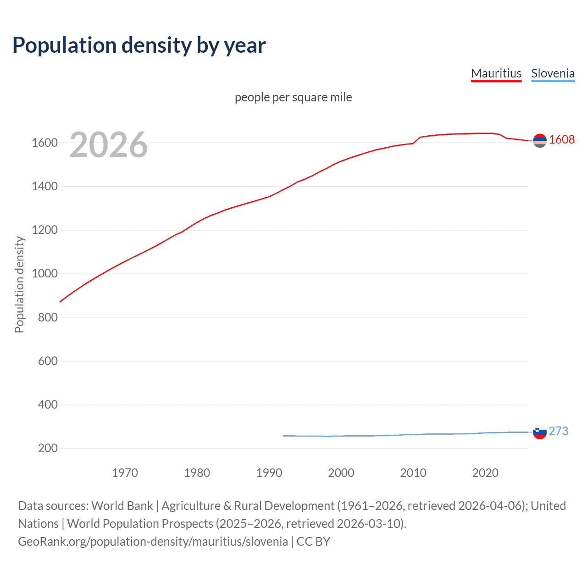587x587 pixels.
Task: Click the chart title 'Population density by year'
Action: coord(139,45)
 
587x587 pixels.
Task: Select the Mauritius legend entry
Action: coord(496,73)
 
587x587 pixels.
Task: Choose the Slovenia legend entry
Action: coord(553,73)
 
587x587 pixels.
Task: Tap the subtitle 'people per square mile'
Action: coord(293,97)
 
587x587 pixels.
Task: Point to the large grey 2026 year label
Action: coord(109,145)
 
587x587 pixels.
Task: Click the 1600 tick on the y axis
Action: coord(44,143)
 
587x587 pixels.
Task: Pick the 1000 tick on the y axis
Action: coord(44,274)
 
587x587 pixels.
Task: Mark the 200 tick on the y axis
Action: coord(48,448)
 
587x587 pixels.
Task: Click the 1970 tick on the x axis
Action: coord(125,473)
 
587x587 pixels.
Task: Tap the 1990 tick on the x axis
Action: coord(269,473)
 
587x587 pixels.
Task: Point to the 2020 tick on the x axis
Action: coord(485,473)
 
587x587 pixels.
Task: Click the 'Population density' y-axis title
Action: coord(19,284)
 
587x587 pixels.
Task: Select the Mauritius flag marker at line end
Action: coord(540,141)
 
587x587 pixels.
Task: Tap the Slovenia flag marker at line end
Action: coord(540,432)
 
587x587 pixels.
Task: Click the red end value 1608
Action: coord(562,139)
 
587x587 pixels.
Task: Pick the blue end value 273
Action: coord(558,431)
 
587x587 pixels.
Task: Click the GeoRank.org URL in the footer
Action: coord(153,542)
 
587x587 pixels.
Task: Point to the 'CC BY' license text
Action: coord(313,542)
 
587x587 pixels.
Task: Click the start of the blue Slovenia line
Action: coord(284,436)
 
